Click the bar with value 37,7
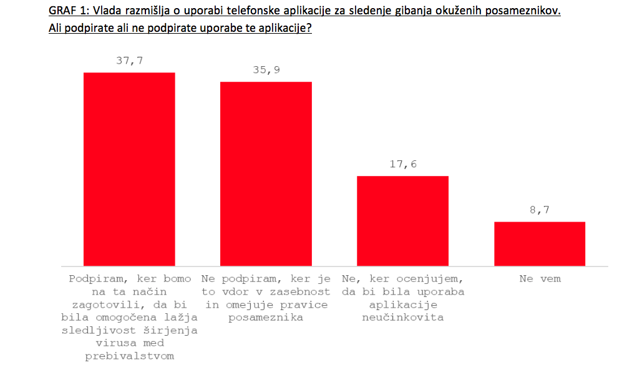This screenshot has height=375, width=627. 129,169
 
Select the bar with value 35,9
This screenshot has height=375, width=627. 266,173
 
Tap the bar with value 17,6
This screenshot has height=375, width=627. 402,221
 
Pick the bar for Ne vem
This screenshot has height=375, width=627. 540,243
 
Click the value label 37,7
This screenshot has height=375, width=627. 129,61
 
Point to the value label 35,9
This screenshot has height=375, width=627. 266,70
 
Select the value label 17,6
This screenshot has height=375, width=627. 403,165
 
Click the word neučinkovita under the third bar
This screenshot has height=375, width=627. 403,318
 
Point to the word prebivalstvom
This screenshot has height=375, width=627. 130,356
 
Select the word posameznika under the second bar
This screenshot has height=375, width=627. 266,318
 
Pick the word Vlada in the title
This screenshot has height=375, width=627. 108,11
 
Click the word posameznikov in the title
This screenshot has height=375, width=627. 524,11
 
